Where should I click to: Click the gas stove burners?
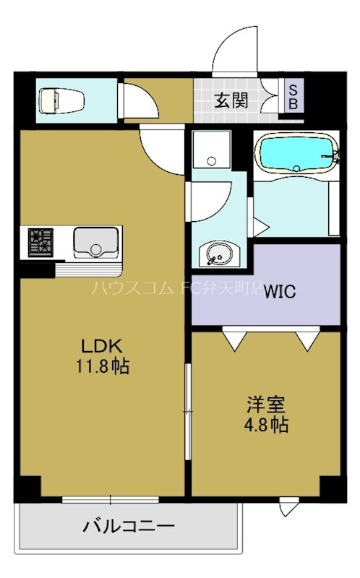click(41, 241)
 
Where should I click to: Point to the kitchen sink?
click(95, 241)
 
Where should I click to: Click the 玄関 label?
click(231, 100)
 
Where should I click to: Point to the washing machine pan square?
click(211, 150)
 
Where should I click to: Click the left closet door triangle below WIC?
click(233, 338)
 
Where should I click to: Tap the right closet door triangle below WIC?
click(307, 338)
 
